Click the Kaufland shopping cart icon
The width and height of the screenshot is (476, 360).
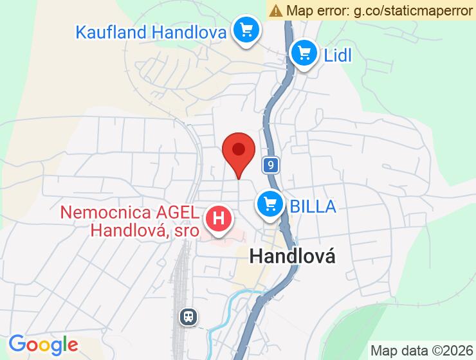pos(246,30)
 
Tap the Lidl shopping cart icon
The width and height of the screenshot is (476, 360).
pos(304,53)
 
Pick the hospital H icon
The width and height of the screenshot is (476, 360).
pos(219,219)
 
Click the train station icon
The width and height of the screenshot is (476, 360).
pos(188,316)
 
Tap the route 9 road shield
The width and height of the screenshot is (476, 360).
pos(271,166)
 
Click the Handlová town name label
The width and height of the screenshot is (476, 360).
pos(292,256)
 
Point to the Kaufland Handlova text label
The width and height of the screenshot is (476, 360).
pos(151,32)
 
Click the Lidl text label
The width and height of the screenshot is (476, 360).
pos(338,55)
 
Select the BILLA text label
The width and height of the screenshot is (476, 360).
pos(313,206)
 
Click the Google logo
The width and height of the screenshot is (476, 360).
pos(43,345)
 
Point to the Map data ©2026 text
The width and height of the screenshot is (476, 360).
pos(421,350)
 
